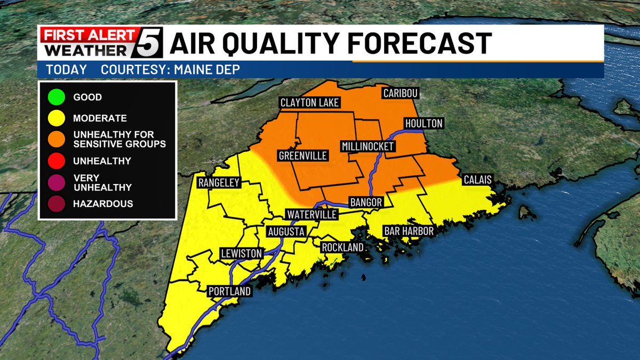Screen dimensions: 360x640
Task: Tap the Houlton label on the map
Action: click(x=424, y=124)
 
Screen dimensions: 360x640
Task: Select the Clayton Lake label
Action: click(x=310, y=103)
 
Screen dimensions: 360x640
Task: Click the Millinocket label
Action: click(x=368, y=146)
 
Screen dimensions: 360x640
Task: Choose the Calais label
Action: click(x=477, y=180)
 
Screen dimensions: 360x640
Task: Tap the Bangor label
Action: click(x=366, y=203)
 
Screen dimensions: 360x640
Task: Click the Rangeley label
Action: click(x=219, y=183)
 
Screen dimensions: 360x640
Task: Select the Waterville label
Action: click(x=312, y=214)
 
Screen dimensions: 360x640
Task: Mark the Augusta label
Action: click(x=286, y=232)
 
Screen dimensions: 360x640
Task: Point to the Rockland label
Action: click(x=342, y=247)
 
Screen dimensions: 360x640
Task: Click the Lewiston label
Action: click(x=242, y=253)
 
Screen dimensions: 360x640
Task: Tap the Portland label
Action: click(x=229, y=291)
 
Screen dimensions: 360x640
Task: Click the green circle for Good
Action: click(x=55, y=98)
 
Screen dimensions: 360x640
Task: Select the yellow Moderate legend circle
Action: click(x=55, y=118)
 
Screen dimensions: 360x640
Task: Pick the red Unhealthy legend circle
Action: click(x=55, y=160)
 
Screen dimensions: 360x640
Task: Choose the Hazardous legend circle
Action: click(x=55, y=204)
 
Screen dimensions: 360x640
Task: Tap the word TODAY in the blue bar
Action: click(x=66, y=70)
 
